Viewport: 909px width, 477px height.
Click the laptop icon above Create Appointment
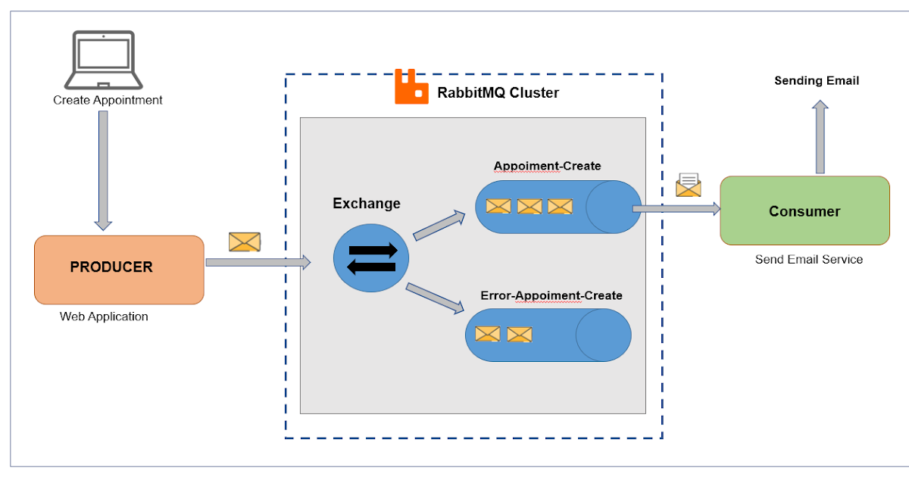(104, 60)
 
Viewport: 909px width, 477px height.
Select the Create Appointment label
(108, 100)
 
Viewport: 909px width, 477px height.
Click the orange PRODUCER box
(119, 269)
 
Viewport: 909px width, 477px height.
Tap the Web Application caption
(104, 316)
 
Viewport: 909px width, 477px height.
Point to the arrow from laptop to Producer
(103, 170)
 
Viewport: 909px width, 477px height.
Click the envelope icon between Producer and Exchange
(244, 242)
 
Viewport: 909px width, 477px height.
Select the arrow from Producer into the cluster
(258, 262)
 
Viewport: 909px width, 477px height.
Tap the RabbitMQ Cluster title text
(498, 93)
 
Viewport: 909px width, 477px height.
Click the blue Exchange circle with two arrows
(371, 258)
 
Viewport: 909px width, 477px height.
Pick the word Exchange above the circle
(367, 204)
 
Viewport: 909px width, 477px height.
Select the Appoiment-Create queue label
(547, 166)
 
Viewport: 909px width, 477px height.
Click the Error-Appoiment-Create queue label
(551, 295)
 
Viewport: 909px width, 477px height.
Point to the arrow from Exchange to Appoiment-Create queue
(439, 226)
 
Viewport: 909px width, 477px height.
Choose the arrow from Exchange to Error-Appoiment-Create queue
(435, 297)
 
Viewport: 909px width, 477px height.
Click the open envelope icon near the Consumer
(688, 185)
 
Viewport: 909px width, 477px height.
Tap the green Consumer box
(804, 210)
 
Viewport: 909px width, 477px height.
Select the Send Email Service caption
(808, 259)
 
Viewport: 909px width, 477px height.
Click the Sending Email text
(817, 81)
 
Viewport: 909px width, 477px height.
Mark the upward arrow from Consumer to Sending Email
(820, 137)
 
